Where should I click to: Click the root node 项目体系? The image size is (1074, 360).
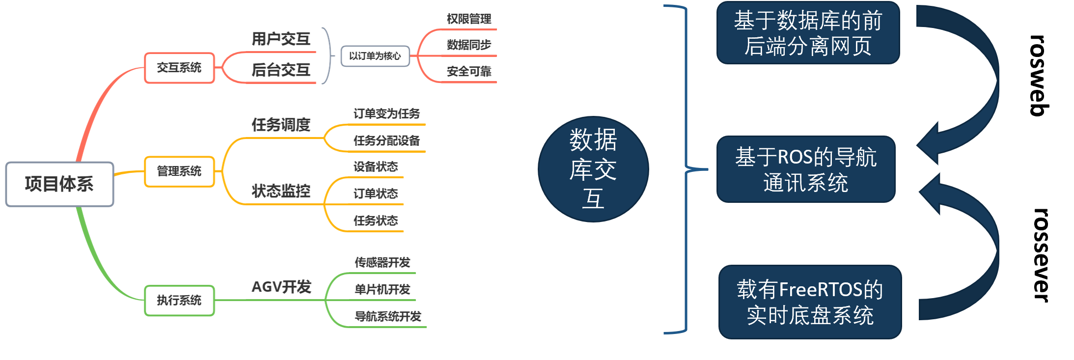[x=59, y=184]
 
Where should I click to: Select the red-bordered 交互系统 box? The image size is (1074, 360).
[x=179, y=68]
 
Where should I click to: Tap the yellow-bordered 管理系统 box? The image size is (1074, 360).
[x=179, y=171]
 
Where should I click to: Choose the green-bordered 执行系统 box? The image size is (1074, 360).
[x=179, y=300]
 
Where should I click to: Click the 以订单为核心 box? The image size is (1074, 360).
[x=375, y=56]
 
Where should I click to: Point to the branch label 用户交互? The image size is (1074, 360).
[x=281, y=39]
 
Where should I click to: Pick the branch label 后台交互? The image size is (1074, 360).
[x=281, y=70]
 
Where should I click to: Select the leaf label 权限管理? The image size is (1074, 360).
[x=468, y=19]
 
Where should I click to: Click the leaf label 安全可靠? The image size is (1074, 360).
[x=468, y=72]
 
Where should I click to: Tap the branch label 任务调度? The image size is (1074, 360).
[x=281, y=125]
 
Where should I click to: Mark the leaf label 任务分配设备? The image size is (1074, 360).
[x=386, y=141]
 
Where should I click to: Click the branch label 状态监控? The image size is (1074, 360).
[x=281, y=191]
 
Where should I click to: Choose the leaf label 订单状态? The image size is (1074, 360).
[x=375, y=194]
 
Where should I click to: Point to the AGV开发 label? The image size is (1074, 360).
[x=281, y=287]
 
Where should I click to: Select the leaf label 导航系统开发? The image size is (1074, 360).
[x=388, y=316]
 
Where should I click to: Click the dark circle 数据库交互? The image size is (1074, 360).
[x=593, y=169]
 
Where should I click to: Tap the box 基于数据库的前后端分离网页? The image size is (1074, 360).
[x=808, y=33]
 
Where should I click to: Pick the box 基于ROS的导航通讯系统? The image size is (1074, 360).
[x=806, y=169]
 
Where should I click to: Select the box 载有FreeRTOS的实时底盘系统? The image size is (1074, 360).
[x=810, y=302]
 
